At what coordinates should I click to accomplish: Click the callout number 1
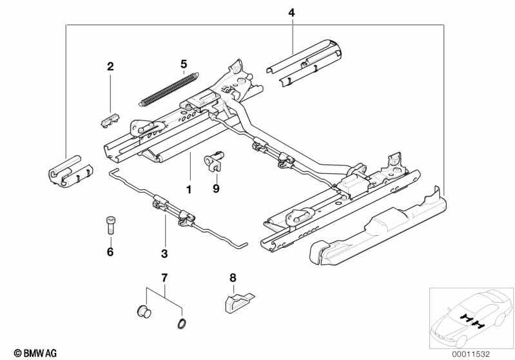[189, 191]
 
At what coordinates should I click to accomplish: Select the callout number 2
[110, 66]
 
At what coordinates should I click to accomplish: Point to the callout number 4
[291, 12]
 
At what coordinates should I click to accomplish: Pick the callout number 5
[184, 64]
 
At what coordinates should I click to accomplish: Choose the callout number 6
[110, 252]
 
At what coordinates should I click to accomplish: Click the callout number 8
[233, 278]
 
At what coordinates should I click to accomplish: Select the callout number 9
[217, 189]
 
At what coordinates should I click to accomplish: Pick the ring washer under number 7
[182, 323]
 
